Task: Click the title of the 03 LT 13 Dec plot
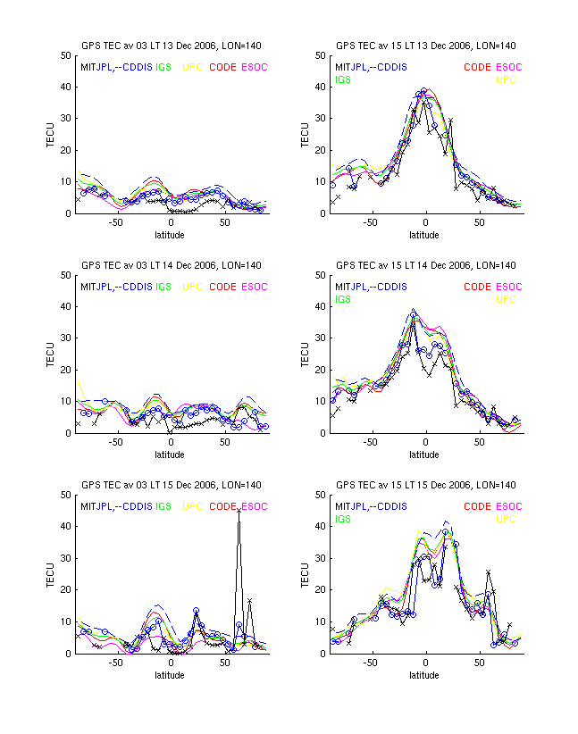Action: click(172, 46)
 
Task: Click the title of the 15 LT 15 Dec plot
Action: click(425, 485)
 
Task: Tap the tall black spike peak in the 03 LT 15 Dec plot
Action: click(239, 510)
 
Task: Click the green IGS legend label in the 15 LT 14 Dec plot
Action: click(343, 299)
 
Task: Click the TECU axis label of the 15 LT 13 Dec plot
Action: click(305, 135)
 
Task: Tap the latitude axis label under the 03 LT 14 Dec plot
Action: click(170, 455)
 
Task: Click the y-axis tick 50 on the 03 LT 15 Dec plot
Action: click(66, 496)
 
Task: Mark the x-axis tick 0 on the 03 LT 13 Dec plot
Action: click(171, 222)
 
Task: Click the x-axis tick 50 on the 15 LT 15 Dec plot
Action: click(480, 663)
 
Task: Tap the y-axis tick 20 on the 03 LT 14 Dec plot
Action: click(66, 371)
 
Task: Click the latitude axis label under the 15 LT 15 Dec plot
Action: click(424, 675)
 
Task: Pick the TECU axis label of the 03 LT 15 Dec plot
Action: click(51, 574)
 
